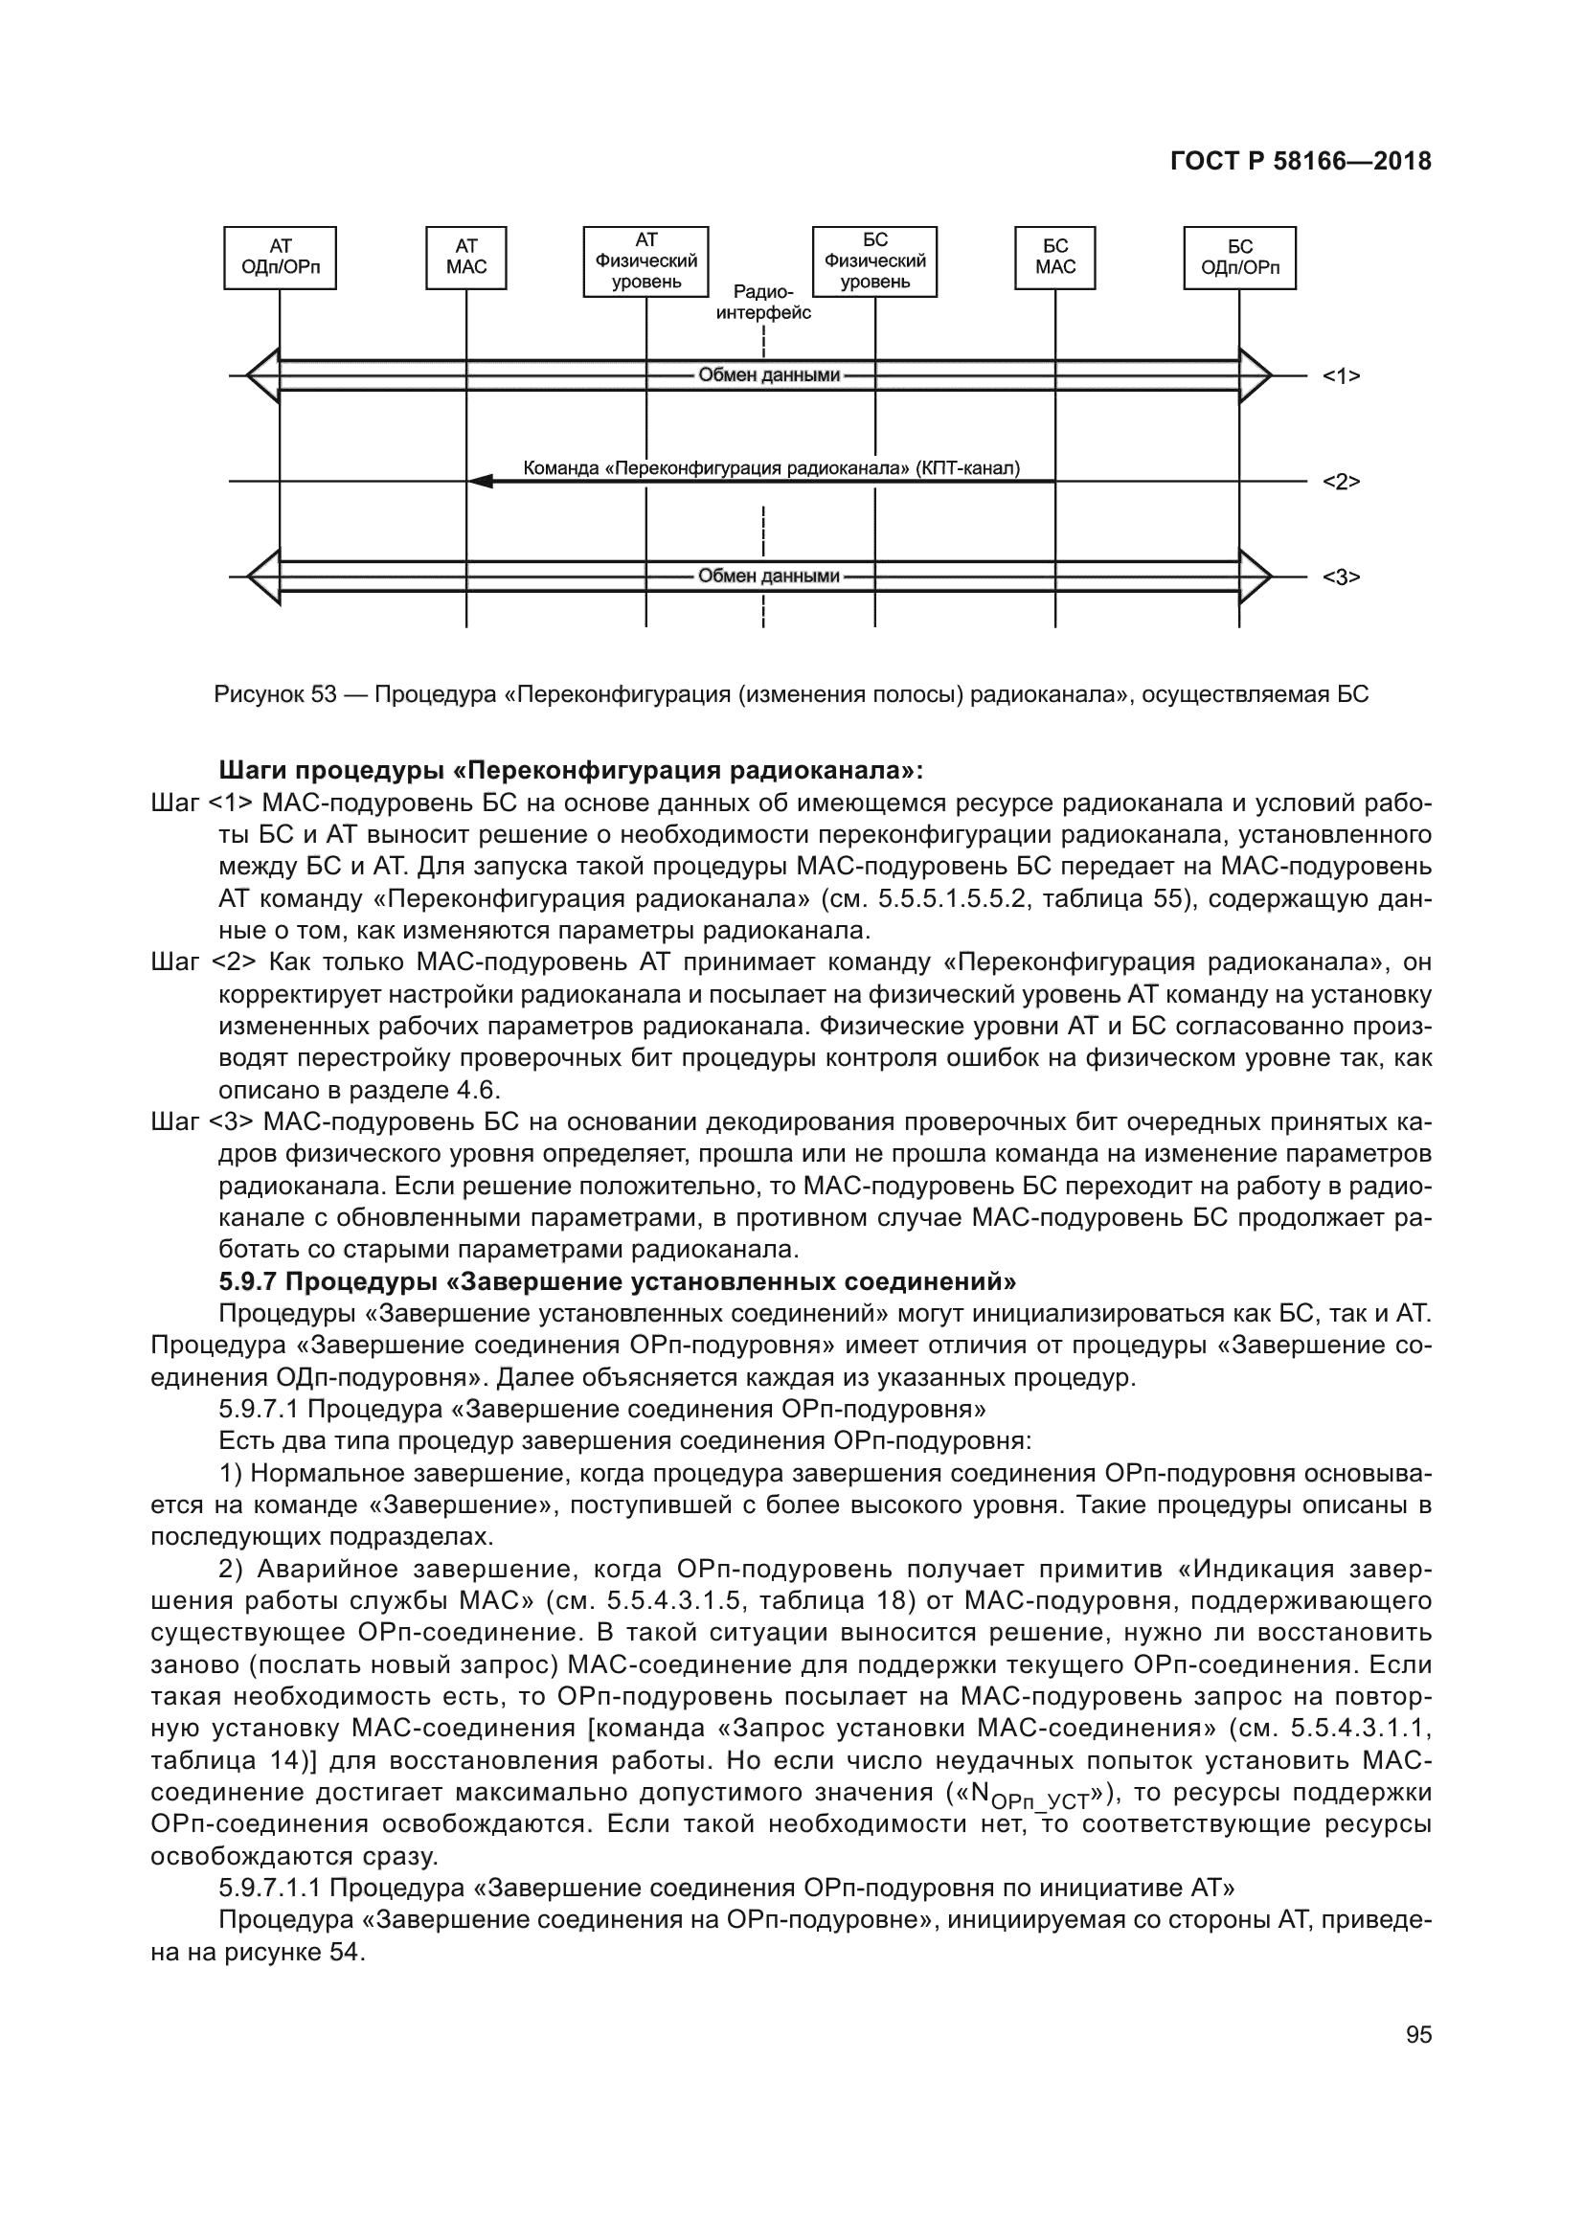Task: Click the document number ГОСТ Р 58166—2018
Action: click(x=1301, y=162)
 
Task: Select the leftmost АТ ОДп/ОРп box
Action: click(x=280, y=258)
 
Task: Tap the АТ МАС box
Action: click(x=466, y=258)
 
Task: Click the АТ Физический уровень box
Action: click(x=645, y=261)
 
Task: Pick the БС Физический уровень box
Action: click(x=875, y=261)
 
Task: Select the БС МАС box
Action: click(x=1055, y=258)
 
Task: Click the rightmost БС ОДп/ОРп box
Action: click(x=1239, y=258)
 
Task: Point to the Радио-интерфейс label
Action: click(x=762, y=303)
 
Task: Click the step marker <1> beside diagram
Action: click(x=1340, y=376)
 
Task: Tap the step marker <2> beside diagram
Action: click(x=1340, y=482)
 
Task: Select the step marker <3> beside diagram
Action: click(x=1340, y=577)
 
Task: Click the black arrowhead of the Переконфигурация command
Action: click(x=479, y=482)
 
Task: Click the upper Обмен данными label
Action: click(x=769, y=375)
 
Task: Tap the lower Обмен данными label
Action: click(x=769, y=577)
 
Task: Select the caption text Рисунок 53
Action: click(x=275, y=695)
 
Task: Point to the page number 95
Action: click(x=1418, y=2035)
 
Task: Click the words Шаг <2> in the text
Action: click(x=204, y=962)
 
